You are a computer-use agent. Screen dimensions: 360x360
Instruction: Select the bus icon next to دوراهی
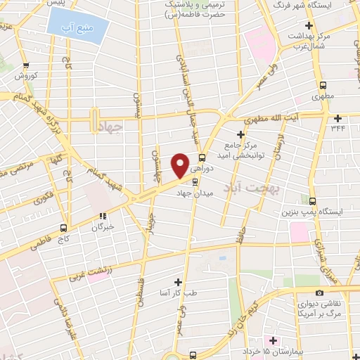coord(202,157)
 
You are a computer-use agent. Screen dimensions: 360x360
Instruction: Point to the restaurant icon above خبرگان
coord(103,217)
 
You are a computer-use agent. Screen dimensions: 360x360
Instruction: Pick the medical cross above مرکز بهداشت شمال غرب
coord(309,26)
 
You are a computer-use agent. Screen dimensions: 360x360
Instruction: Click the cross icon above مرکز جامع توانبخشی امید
coord(240,134)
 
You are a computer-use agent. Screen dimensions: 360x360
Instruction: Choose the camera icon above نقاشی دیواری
coord(319,292)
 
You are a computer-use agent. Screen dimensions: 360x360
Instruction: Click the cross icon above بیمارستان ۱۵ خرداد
coord(274,340)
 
